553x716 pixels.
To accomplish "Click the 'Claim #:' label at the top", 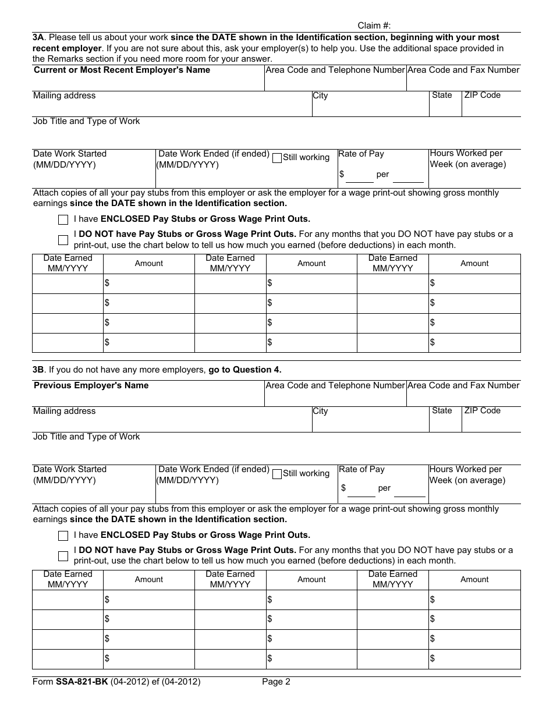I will (x=374, y=26).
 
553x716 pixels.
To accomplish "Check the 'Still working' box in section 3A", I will (x=277, y=158).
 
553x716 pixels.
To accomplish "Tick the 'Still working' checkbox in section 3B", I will (x=277, y=474).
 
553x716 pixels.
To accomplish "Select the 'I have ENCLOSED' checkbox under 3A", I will (x=63, y=219).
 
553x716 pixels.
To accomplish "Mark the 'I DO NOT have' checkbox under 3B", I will (x=63, y=555).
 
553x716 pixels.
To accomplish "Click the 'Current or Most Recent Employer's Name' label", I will (x=122, y=70).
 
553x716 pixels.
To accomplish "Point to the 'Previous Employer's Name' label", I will (x=91, y=385).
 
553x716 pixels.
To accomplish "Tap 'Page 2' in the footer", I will (x=276, y=682).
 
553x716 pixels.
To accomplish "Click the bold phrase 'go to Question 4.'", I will (x=244, y=370).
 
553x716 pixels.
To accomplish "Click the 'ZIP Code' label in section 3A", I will (x=482, y=95).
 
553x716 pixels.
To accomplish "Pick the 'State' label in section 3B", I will (x=442, y=410).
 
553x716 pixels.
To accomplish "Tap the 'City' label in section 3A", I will (x=320, y=95).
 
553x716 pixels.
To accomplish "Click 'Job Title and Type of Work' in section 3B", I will (x=86, y=437).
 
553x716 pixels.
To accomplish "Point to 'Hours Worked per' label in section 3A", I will (x=466, y=153).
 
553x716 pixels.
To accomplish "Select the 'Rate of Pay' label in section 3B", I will (x=361, y=469).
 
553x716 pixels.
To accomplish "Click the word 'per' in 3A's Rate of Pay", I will (x=382, y=174).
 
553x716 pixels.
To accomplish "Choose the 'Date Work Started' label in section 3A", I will (x=70, y=154).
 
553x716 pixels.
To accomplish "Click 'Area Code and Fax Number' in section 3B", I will (x=463, y=385).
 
